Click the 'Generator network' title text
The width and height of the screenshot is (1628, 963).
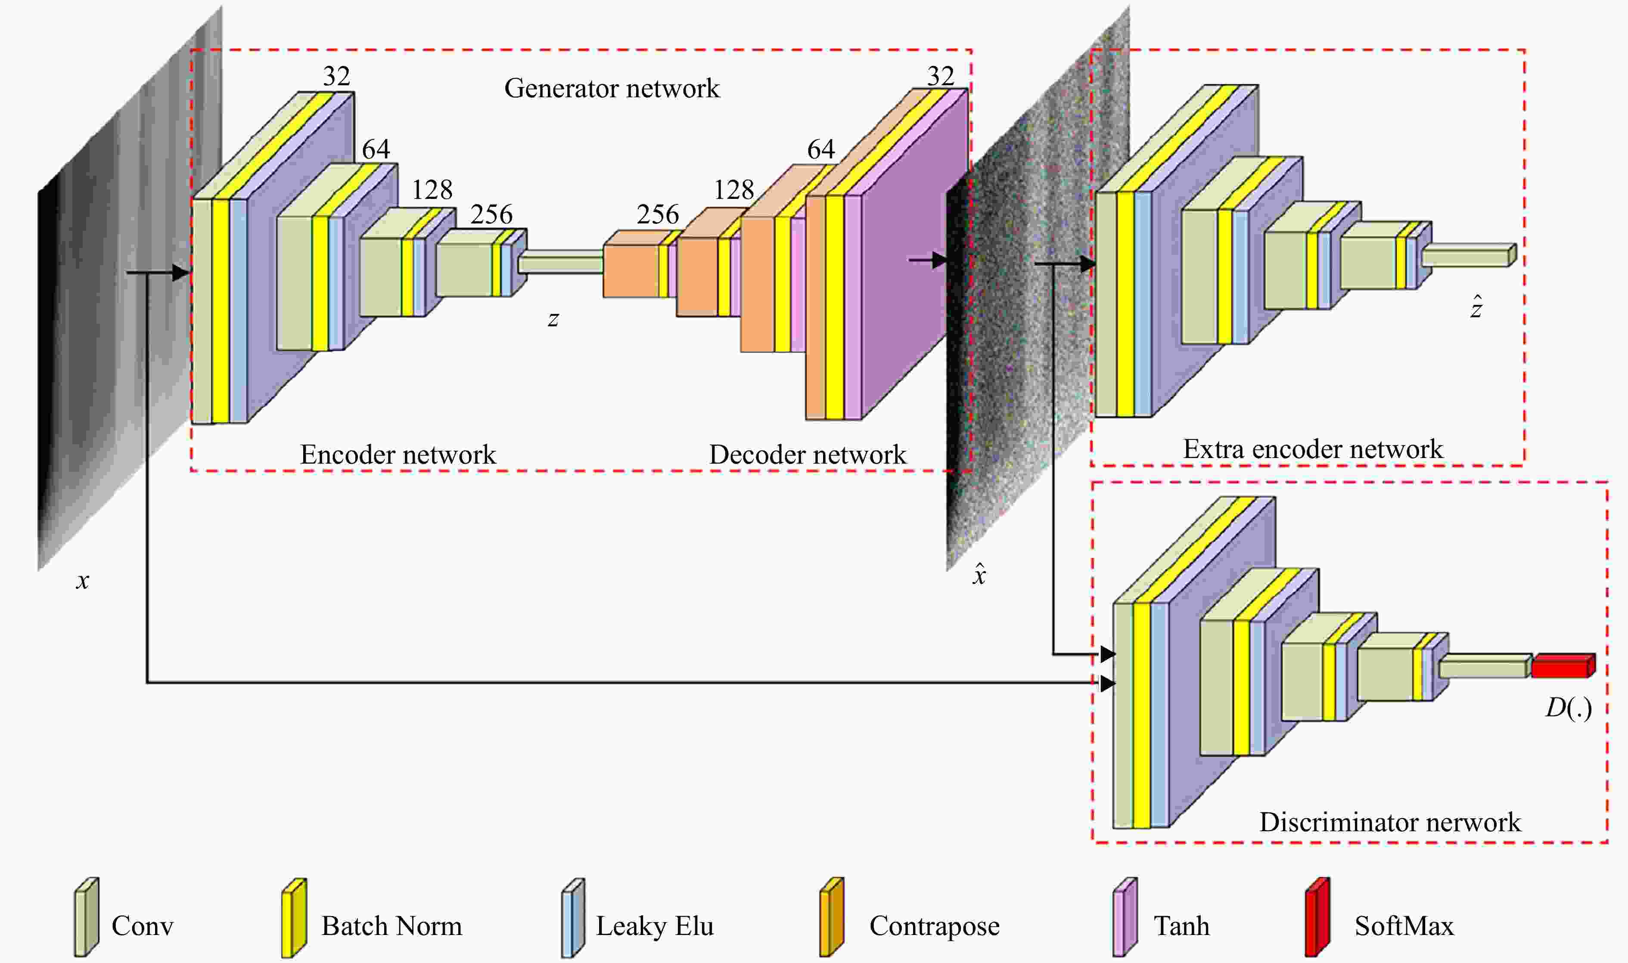tap(612, 88)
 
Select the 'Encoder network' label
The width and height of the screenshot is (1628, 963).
tap(398, 454)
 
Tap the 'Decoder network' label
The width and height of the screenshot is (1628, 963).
tap(808, 454)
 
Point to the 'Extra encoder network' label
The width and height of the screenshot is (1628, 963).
tap(1313, 449)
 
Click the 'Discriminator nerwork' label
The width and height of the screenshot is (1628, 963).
tap(1390, 822)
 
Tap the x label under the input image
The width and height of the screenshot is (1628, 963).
tap(82, 581)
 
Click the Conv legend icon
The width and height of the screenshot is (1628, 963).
tap(86, 917)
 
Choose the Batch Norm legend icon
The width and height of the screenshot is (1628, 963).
tap(293, 917)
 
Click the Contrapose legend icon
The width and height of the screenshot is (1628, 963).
tap(832, 917)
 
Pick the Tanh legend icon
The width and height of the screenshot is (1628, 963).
tap(1125, 917)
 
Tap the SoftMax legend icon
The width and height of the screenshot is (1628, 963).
tap(1318, 917)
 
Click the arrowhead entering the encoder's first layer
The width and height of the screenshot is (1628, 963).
tap(181, 272)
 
